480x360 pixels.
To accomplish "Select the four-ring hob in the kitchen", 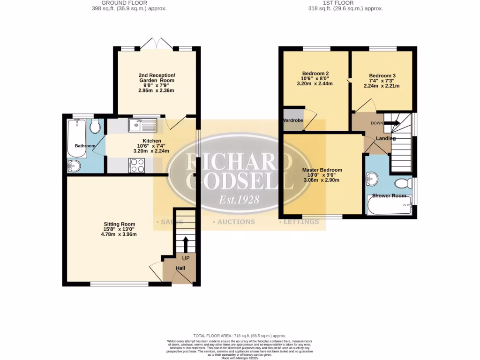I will coord(137,165).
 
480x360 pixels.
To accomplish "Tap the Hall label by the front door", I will coord(180,268).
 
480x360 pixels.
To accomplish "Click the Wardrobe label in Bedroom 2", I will coord(293,120).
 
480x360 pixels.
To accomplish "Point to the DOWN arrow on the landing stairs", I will coord(392,123).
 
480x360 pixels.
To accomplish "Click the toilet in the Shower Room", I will coord(402,183).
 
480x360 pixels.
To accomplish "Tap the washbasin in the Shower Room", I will coord(372,178).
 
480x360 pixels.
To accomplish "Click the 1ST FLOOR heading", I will coord(345,3).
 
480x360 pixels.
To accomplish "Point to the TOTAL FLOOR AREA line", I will coord(240,336).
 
